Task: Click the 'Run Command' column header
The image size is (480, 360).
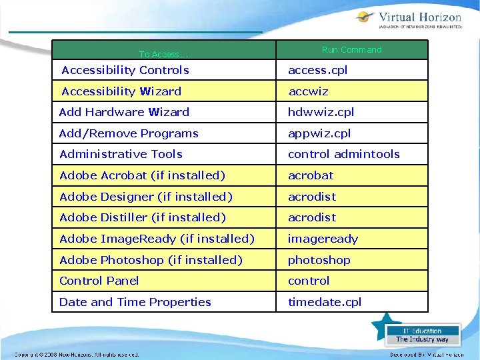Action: point(351,50)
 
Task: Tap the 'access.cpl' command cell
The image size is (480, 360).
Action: point(317,70)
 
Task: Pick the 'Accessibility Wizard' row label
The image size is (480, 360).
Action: point(121,91)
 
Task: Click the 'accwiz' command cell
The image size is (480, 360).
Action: point(308,91)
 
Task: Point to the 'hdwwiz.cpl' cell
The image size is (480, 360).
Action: point(321,112)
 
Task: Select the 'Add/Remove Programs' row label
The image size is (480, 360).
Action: point(129,133)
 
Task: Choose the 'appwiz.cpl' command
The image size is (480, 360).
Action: point(319,133)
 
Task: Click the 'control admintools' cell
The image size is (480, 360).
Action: point(343,154)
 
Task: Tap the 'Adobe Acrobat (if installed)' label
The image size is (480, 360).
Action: point(142,175)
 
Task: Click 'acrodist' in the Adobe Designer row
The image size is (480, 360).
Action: point(311,197)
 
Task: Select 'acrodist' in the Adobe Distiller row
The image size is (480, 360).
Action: point(311,217)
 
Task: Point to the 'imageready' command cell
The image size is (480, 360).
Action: point(323,239)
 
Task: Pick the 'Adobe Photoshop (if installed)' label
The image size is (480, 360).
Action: point(151,260)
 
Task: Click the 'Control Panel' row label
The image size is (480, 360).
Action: point(99,281)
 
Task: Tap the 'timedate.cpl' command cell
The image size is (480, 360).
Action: point(324,302)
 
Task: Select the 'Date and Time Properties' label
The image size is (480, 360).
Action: point(135,302)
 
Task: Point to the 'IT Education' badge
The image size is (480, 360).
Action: point(422,335)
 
